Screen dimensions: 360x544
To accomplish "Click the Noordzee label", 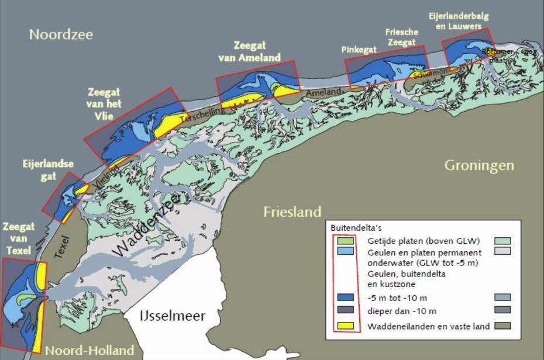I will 61,34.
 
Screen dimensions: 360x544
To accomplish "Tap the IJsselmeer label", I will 173,316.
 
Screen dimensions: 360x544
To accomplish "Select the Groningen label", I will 479,165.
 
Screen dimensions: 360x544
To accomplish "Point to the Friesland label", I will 292,212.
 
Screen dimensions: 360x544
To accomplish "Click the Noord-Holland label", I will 89,351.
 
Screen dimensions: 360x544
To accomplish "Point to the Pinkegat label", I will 359,50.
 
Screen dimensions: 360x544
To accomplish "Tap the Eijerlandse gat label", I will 40,170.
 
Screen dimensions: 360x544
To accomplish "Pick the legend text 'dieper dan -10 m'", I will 402,310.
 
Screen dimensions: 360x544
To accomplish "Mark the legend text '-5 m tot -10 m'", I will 397,297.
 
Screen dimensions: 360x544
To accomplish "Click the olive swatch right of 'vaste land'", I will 502,326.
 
